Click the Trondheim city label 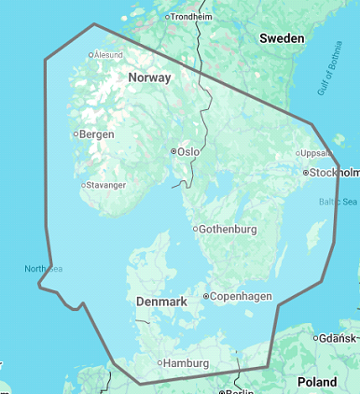[191, 17]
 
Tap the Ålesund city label [107, 55]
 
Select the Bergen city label [97, 134]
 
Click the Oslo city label [188, 151]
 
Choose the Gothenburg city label [228, 229]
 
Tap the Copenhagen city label [242, 296]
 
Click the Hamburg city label [187, 363]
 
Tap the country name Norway [149, 77]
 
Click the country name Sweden [281, 38]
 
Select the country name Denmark [162, 303]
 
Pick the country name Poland [316, 382]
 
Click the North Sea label [43, 269]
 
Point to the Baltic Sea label [338, 201]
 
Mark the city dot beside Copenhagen [206, 296]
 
